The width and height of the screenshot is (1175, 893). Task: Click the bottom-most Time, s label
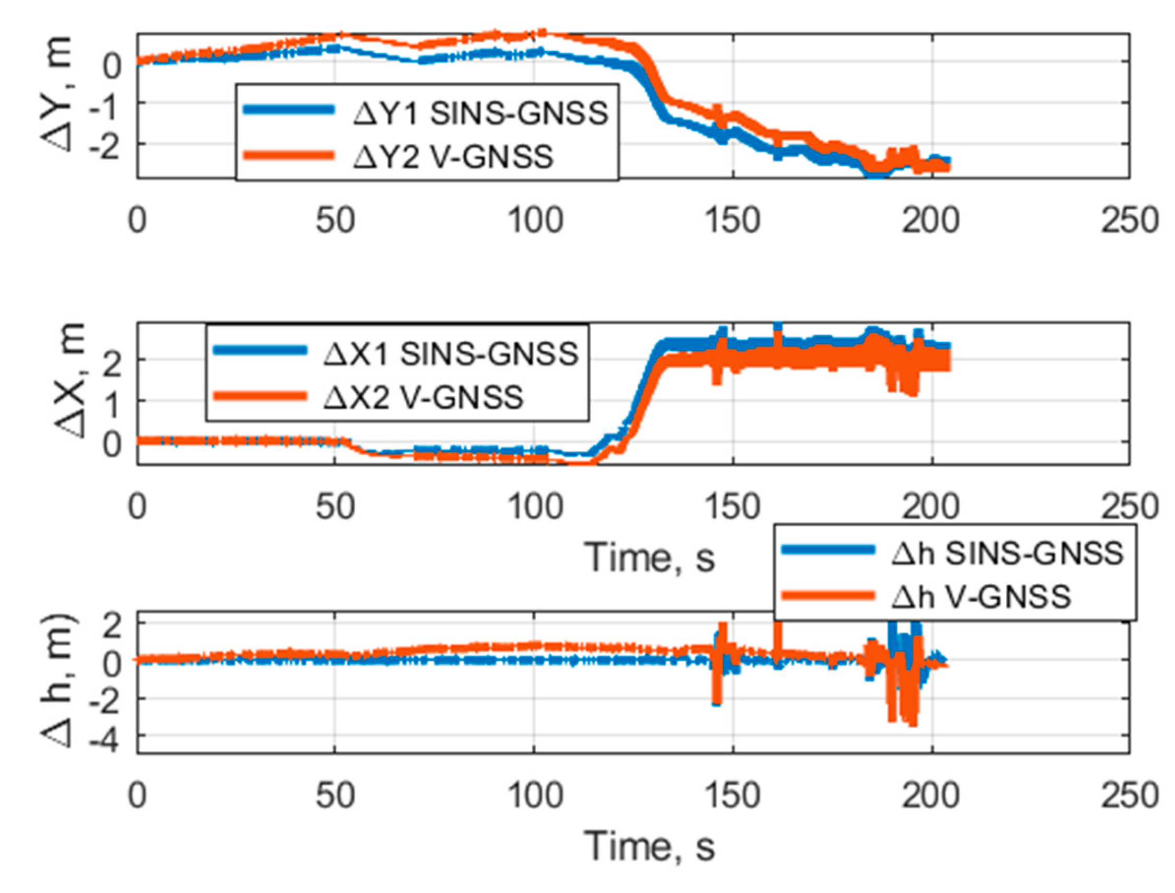click(649, 845)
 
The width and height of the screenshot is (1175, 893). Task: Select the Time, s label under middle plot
click(649, 557)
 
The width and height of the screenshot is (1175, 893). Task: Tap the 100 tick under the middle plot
click(535, 507)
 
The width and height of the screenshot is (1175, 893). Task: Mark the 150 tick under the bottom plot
click(733, 796)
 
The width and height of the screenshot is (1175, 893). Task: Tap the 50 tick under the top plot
click(335, 221)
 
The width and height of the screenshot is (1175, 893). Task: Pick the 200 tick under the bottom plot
click(931, 796)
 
